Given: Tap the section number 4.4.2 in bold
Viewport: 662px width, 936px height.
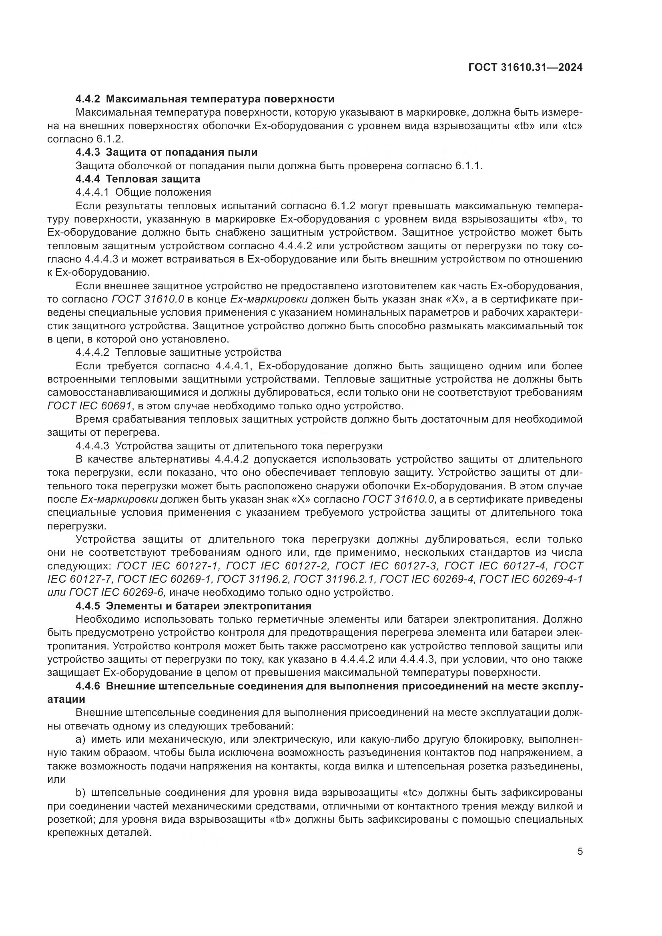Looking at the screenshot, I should pos(88,99).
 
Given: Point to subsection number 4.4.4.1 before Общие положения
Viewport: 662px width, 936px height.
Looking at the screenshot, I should pos(92,192).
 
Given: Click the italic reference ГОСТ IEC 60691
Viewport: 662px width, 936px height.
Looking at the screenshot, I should pos(90,406).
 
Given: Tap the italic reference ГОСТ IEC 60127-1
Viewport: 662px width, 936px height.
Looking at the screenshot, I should pos(169,566).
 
